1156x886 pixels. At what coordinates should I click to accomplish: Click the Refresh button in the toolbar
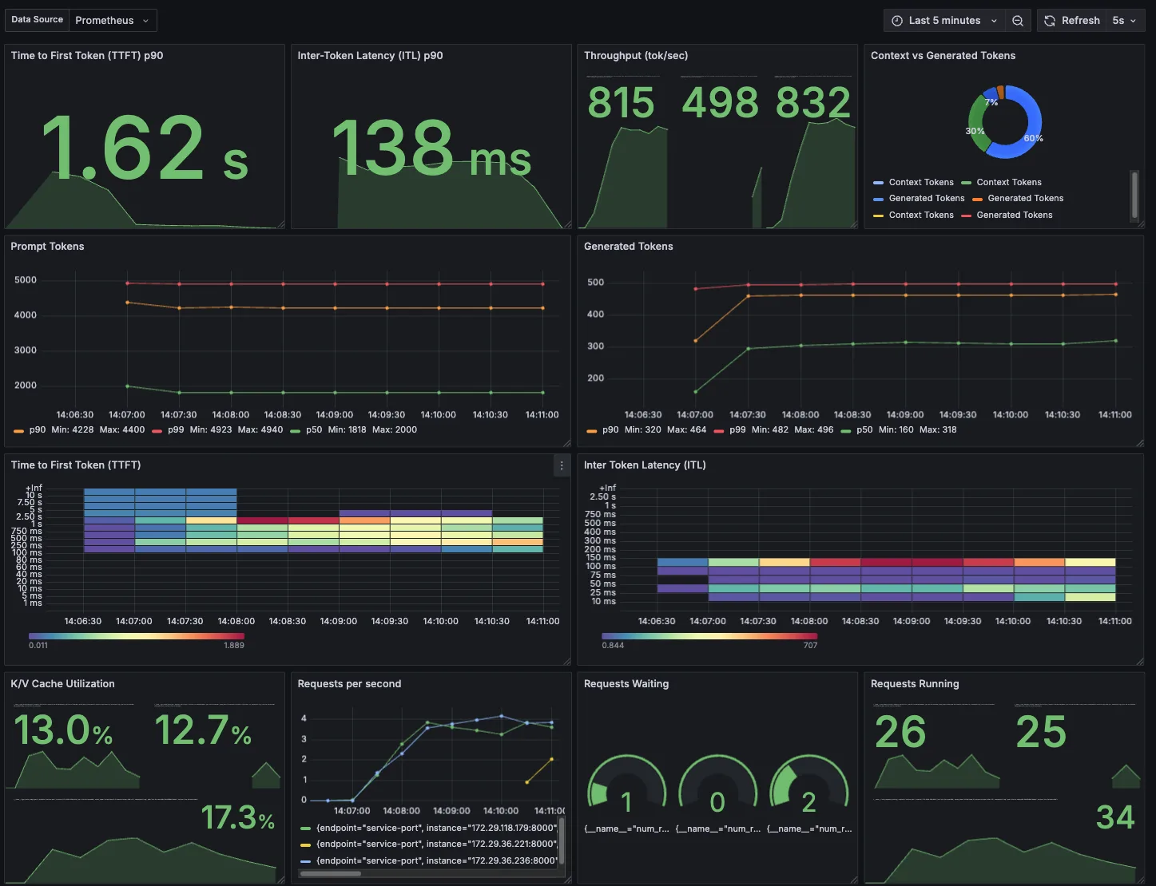click(1072, 21)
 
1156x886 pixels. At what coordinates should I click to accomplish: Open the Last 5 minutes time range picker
click(944, 21)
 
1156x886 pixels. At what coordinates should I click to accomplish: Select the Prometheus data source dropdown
click(111, 21)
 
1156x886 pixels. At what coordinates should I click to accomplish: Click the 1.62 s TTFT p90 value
click(145, 148)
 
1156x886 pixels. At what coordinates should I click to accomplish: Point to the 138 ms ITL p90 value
click(431, 148)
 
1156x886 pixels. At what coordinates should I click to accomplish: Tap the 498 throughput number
click(720, 103)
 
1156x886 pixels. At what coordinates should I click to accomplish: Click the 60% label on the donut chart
click(1033, 138)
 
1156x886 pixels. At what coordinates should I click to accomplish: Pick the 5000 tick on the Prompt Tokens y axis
click(26, 280)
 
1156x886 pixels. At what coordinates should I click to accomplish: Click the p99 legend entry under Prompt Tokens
click(176, 429)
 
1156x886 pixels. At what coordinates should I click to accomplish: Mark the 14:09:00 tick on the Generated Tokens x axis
click(905, 414)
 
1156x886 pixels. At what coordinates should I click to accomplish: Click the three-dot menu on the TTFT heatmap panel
click(562, 465)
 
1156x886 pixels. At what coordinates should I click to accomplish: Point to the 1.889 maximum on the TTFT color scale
click(234, 645)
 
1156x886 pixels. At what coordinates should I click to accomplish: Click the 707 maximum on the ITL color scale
click(810, 645)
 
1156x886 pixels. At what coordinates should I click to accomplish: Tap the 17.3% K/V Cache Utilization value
click(237, 817)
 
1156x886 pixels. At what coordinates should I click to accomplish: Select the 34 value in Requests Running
click(1114, 817)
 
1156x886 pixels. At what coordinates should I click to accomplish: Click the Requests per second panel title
click(349, 684)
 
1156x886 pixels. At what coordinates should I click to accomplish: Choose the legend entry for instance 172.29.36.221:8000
click(435, 844)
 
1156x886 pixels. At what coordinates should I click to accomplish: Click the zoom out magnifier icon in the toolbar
click(1018, 21)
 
